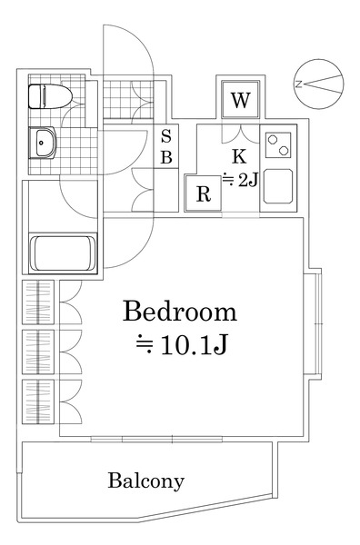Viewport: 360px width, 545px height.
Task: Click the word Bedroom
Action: (x=180, y=312)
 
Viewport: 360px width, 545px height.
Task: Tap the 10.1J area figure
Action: (x=194, y=345)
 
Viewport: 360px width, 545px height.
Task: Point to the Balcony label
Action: (x=145, y=481)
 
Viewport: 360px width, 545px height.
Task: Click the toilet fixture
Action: (x=50, y=96)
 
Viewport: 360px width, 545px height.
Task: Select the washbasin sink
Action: (x=42, y=143)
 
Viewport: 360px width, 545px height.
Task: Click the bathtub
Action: (x=63, y=253)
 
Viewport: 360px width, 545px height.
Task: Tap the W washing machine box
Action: (x=241, y=100)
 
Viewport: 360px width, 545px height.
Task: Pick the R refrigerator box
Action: (x=204, y=193)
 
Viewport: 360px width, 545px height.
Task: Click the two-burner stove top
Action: (x=278, y=144)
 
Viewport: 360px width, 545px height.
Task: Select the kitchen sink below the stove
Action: (x=277, y=186)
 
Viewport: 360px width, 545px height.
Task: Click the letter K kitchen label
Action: (x=239, y=156)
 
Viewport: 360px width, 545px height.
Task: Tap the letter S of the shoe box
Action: (x=166, y=136)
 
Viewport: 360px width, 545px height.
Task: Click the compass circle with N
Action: (x=318, y=84)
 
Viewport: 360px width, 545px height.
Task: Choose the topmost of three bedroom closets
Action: (x=38, y=302)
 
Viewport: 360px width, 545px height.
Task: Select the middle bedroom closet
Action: (x=38, y=352)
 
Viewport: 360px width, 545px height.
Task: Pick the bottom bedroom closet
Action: (x=38, y=401)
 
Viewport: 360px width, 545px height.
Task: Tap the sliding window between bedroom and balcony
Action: (x=156, y=439)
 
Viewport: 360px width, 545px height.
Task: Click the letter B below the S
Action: (x=166, y=157)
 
